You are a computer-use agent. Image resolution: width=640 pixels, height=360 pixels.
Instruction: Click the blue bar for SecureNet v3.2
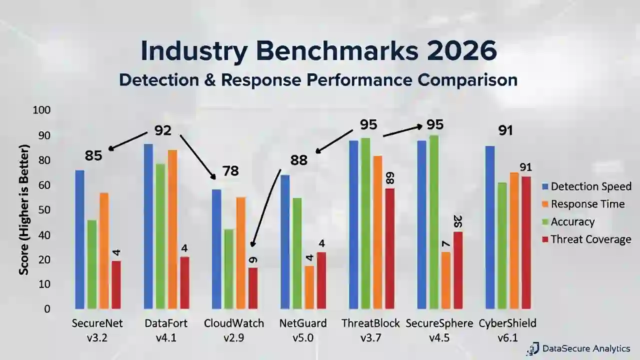pyautogui.click(x=79, y=239)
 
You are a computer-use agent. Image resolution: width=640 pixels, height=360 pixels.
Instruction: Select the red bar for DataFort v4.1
pyautogui.click(x=184, y=282)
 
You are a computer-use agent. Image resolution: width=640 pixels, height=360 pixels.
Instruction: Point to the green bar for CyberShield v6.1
pyautogui.click(x=502, y=245)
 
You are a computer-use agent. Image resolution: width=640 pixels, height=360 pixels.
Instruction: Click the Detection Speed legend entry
pyautogui.click(x=586, y=186)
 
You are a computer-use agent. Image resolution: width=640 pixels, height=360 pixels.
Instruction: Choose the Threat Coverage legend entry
pyautogui.click(x=586, y=239)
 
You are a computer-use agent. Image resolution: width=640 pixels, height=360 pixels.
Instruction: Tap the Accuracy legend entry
pyautogui.click(x=568, y=222)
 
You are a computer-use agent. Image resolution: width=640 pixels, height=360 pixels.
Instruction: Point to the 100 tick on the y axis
pyautogui.click(x=41, y=110)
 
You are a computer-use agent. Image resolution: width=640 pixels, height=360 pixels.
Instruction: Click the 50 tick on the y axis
pyautogui.click(x=44, y=210)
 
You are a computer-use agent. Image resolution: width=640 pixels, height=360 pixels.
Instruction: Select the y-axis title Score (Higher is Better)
pyautogui.click(x=24, y=210)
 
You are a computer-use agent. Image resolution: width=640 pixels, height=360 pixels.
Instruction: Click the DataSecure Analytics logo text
pyautogui.click(x=585, y=349)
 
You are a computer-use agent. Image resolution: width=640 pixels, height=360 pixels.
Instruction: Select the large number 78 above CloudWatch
pyautogui.click(x=230, y=171)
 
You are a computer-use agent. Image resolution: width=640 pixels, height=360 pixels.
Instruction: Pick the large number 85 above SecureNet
pyautogui.click(x=93, y=155)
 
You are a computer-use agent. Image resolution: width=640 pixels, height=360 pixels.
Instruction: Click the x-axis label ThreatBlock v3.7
pyautogui.click(x=370, y=330)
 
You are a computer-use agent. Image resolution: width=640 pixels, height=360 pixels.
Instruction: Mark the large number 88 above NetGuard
pyautogui.click(x=299, y=160)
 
